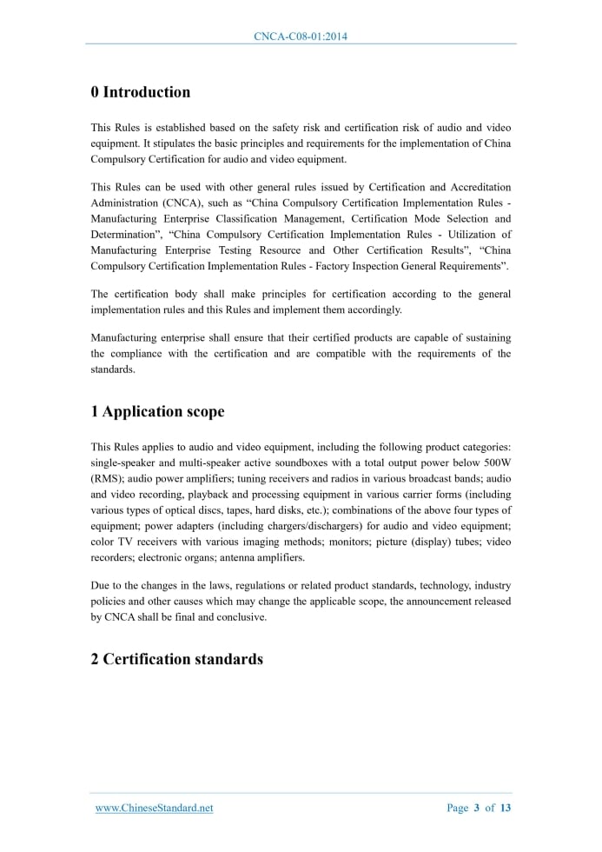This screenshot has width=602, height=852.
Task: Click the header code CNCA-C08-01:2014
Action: pos(301,37)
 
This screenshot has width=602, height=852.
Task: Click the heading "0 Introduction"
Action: pos(141,92)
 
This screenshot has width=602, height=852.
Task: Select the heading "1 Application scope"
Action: pos(157,412)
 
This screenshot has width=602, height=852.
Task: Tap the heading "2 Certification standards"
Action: pos(176,659)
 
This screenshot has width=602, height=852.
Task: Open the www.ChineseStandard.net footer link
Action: pos(154,809)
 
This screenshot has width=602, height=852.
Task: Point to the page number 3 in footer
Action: pos(477,809)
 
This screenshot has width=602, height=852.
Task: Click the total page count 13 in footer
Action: pos(506,809)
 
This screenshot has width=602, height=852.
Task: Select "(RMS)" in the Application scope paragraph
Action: pos(109,478)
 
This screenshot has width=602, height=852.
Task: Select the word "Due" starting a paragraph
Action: pos(101,585)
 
